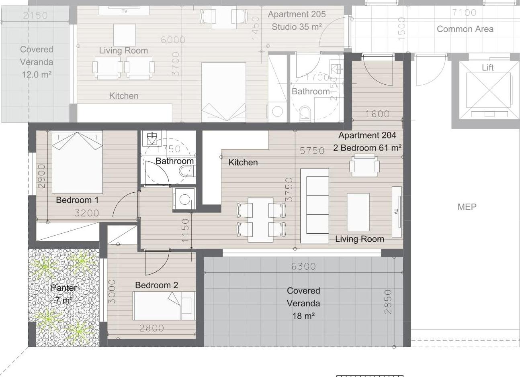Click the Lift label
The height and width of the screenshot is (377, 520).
point(487,67)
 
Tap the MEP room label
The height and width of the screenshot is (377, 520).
point(467,207)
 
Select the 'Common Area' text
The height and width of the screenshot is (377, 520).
point(465,29)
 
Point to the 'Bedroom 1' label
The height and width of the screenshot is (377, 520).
point(77,200)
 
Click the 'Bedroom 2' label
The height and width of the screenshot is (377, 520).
point(156,285)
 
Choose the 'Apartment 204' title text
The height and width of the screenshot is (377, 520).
point(367,135)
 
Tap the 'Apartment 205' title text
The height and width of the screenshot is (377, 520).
point(297,14)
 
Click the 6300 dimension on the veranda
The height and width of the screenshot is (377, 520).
point(303,267)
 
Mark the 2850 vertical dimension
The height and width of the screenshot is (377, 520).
point(388,302)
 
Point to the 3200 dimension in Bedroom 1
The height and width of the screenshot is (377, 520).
point(87,213)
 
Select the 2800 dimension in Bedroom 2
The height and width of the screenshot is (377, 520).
point(151,328)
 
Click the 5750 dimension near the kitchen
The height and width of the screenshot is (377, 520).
point(312,151)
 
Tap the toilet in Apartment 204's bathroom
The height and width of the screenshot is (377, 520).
point(187,171)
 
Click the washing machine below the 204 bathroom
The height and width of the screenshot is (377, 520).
point(184,200)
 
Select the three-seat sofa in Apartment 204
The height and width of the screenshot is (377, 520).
point(315,206)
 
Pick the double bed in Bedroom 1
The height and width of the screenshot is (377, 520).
point(77,162)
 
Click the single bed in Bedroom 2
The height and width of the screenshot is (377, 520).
point(164,306)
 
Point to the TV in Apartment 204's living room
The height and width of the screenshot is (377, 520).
point(397,212)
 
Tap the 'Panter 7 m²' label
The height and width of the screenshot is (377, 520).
point(63,294)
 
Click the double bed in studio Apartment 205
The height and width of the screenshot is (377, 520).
point(224,92)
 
